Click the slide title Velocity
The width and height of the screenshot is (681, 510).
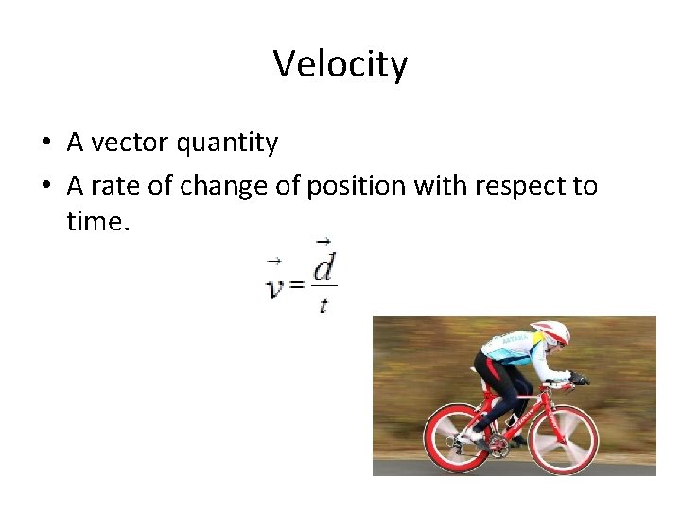coord(340,64)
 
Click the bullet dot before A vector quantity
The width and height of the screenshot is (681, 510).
coord(45,144)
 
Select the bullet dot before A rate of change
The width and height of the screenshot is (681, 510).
coord(45,187)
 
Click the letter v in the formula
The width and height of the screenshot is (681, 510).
coord(274,286)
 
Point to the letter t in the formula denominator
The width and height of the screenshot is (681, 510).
coord(323,304)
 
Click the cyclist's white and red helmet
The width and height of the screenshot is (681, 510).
coord(551,331)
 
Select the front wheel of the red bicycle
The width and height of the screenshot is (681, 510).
coord(563,439)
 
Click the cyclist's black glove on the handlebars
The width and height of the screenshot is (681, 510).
coord(579,379)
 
